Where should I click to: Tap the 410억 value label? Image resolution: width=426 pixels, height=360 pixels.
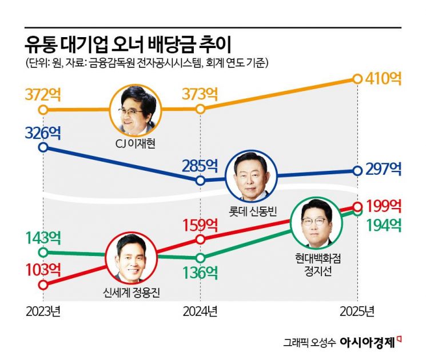pyautogui.click(x=384, y=79)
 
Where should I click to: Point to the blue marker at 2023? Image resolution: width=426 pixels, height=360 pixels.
pyautogui.click(x=43, y=147)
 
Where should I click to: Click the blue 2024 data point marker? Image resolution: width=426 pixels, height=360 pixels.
pyautogui.click(x=200, y=181)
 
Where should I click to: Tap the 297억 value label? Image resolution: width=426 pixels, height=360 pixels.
pyautogui.click(x=384, y=169)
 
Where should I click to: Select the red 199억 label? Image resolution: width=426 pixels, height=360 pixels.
pyautogui.click(x=384, y=205)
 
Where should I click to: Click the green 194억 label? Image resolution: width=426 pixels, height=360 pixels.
pyautogui.click(x=384, y=225)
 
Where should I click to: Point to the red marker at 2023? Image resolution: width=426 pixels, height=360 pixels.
pyautogui.click(x=43, y=284)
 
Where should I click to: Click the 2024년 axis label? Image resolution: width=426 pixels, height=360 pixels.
pyautogui.click(x=200, y=312)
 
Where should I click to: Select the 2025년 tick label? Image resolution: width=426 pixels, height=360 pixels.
pyautogui.click(x=357, y=312)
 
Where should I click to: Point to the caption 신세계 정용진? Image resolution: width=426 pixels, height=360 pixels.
pyautogui.click(x=132, y=293)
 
